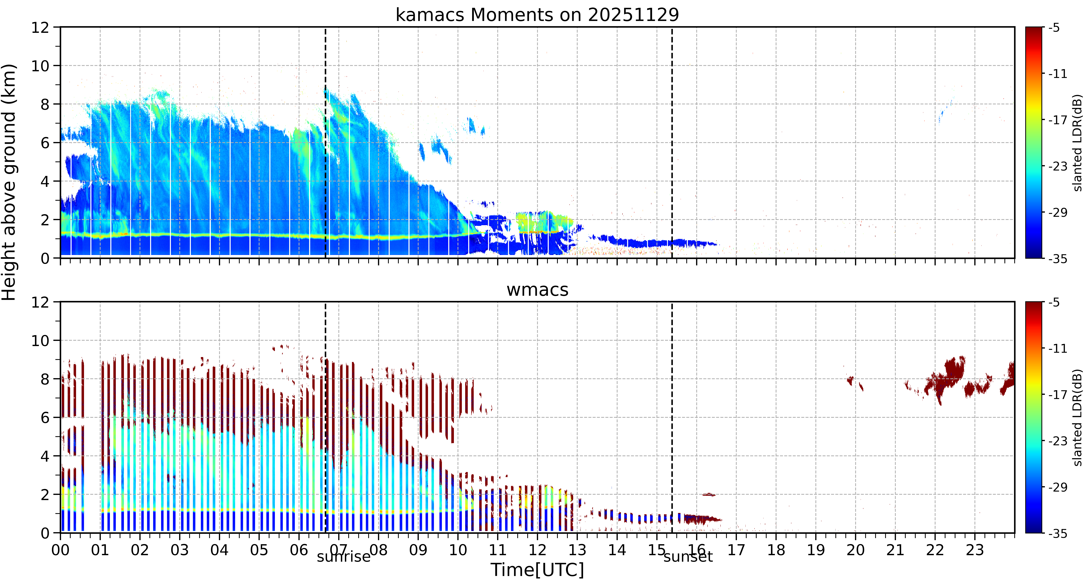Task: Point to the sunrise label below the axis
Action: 343,556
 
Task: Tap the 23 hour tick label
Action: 975,550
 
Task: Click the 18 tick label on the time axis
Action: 776,550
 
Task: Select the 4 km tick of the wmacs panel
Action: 45,456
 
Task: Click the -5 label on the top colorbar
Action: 1055,28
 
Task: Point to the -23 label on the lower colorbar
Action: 1058,441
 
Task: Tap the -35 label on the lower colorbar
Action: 1058,533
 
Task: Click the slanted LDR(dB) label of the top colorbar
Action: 1078,143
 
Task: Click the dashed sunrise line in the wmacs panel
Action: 325,417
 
